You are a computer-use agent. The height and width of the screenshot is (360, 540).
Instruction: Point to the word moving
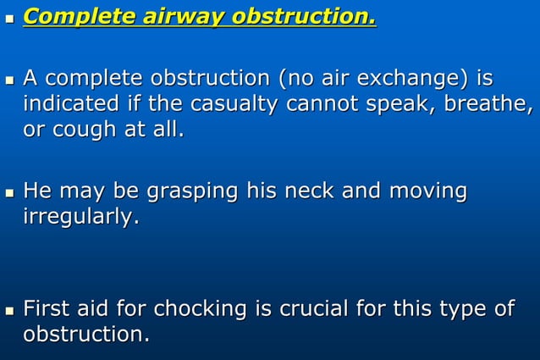point(427,191)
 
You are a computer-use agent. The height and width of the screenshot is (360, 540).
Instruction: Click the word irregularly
point(80,217)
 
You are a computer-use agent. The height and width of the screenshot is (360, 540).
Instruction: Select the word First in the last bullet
point(46,308)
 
